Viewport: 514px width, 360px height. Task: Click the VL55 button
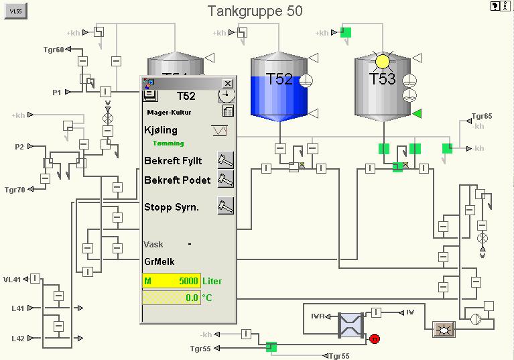pyautogui.click(x=15, y=11)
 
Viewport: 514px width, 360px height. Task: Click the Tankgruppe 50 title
pyautogui.click(x=255, y=11)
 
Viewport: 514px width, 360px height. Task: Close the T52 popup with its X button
pyautogui.click(x=228, y=83)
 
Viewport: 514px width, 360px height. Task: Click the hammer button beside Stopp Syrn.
pyautogui.click(x=226, y=206)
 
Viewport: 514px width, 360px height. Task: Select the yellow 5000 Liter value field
pyautogui.click(x=171, y=281)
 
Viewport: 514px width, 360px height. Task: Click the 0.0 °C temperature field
pyautogui.click(x=171, y=297)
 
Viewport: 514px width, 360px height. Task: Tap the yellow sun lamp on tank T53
pyautogui.click(x=382, y=62)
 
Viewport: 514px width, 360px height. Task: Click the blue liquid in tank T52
pyautogui.click(x=279, y=97)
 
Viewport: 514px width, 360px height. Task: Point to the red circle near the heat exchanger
pyautogui.click(x=375, y=339)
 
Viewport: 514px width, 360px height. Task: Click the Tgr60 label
pyautogui.click(x=54, y=50)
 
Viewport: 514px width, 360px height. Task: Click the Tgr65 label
pyautogui.click(x=482, y=116)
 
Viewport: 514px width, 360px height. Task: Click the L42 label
pyautogui.click(x=18, y=339)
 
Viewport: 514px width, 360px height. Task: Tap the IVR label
pyautogui.click(x=318, y=315)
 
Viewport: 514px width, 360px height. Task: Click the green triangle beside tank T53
pyautogui.click(x=416, y=113)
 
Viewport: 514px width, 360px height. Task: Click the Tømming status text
pyautogui.click(x=168, y=143)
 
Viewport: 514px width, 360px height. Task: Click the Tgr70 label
pyautogui.click(x=15, y=190)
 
